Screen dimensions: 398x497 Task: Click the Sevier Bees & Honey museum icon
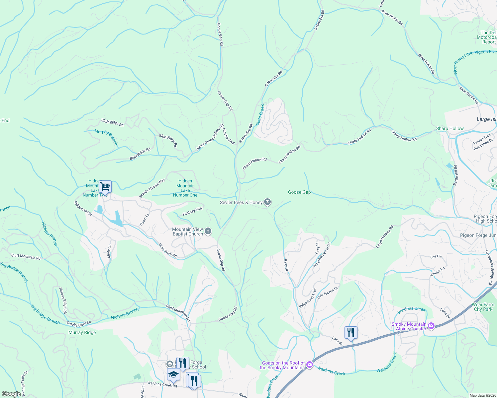click(267, 202)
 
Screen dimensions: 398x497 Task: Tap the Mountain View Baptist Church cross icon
click(208, 231)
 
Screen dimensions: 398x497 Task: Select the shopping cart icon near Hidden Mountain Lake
click(105, 187)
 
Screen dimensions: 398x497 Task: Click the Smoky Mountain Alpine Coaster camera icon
click(431, 326)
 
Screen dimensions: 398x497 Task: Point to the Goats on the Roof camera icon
click(310, 365)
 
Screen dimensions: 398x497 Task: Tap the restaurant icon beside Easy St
click(351, 332)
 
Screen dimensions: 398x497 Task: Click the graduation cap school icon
click(173, 374)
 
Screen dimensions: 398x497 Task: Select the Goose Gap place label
click(299, 192)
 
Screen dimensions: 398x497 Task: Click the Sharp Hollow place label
click(450, 128)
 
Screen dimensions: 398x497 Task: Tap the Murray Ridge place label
click(82, 332)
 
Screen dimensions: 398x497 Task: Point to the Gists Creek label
click(260, 115)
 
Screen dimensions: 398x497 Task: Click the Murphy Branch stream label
click(106, 137)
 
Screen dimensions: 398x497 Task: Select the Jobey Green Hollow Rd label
click(210, 138)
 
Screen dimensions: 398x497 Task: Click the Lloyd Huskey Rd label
click(385, 236)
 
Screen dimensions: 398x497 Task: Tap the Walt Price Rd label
click(167, 251)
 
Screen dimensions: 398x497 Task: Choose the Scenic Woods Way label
click(152, 188)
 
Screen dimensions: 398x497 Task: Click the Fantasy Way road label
click(193, 211)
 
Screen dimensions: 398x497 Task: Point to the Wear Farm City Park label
click(483, 307)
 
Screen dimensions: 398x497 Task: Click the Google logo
click(11, 394)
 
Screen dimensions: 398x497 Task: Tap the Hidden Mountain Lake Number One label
click(185, 188)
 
